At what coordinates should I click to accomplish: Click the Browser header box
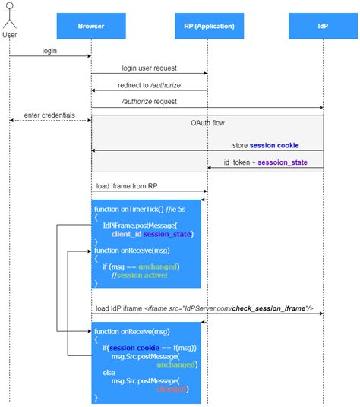tap(91, 26)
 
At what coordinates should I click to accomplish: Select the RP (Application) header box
tap(207, 26)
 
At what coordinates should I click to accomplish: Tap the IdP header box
tap(324, 26)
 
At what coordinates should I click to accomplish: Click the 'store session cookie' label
tap(265, 145)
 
